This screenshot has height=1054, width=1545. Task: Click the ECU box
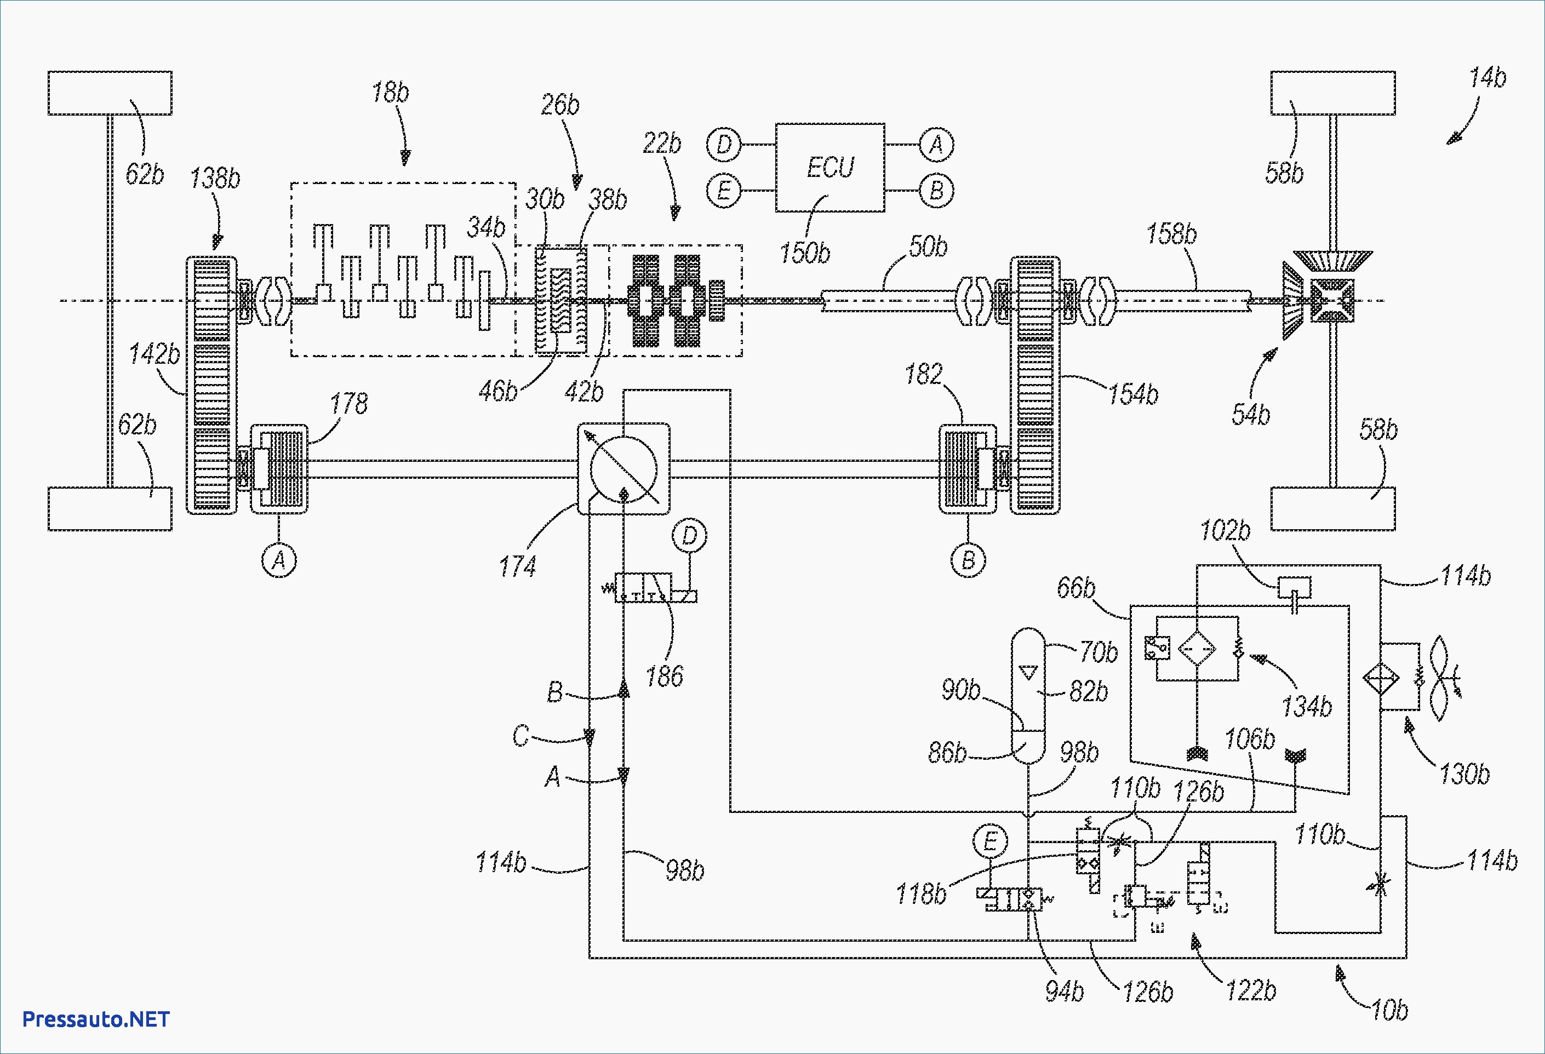click(x=829, y=168)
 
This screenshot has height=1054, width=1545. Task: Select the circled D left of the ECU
click(x=724, y=144)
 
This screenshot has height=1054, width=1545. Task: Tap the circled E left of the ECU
click(x=724, y=191)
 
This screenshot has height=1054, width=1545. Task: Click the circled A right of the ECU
click(x=936, y=144)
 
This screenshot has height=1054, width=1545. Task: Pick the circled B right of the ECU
click(x=936, y=191)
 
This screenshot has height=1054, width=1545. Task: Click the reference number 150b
click(x=804, y=253)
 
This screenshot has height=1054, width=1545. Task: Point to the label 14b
click(x=1487, y=78)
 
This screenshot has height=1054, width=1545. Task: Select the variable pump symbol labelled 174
click(x=623, y=469)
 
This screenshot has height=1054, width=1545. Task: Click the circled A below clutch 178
click(x=279, y=560)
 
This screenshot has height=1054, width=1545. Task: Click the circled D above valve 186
click(x=689, y=536)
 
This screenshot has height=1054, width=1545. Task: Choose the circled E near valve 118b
click(x=990, y=842)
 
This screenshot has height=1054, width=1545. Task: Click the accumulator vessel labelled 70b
click(x=1028, y=695)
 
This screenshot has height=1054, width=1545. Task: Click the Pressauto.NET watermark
click(x=96, y=1019)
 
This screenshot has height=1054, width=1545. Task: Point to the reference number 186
click(x=664, y=677)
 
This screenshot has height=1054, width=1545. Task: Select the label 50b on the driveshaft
click(x=928, y=247)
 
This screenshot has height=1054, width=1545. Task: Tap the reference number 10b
click(x=1389, y=1010)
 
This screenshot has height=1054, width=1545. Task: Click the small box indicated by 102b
click(x=1295, y=587)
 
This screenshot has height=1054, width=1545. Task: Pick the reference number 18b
click(x=390, y=93)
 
